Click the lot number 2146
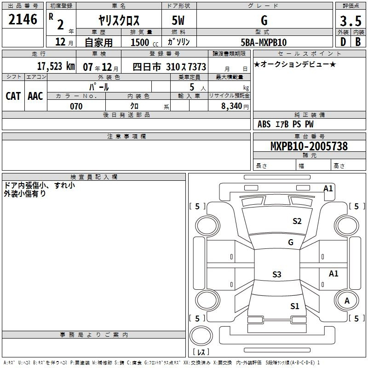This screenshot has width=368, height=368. (23, 19)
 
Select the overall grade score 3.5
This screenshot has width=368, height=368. (351, 21)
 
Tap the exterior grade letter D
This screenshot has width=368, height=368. (343, 42)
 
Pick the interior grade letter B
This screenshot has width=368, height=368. (358, 42)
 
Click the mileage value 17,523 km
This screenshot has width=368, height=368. (56, 66)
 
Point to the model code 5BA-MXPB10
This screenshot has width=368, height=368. (264, 42)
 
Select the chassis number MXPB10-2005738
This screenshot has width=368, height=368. (309, 146)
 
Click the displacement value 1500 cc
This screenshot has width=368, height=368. (144, 43)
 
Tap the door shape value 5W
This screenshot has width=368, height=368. (178, 21)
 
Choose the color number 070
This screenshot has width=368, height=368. (76, 106)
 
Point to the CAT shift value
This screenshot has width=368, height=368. (13, 96)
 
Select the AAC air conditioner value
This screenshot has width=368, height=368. (35, 96)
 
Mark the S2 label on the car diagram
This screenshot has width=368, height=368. (297, 221)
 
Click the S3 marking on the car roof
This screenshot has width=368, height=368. (277, 274)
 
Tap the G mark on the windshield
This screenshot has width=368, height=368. (291, 242)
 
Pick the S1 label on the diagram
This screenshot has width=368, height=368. (294, 306)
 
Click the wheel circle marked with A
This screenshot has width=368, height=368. (346, 301)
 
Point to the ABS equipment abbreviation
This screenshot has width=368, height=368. (264, 124)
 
